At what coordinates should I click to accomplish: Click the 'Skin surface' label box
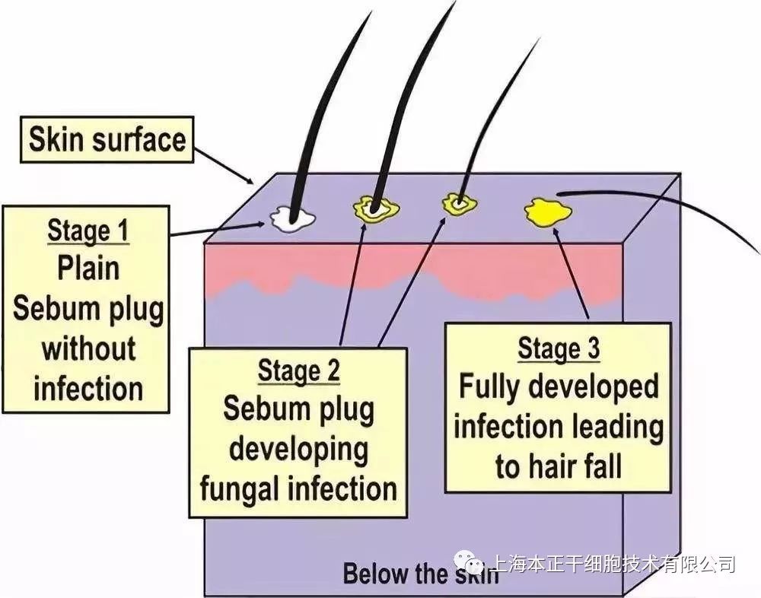pyautogui.click(x=107, y=140)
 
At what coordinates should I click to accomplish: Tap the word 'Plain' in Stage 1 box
pyautogui.click(x=88, y=268)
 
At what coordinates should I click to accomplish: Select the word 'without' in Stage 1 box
pyautogui.click(x=88, y=349)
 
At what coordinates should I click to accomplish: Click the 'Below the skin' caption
pyautogui.click(x=420, y=573)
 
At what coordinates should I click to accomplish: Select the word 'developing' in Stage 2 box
pyautogui.click(x=299, y=449)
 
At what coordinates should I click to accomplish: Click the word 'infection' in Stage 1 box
pyautogui.click(x=88, y=389)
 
